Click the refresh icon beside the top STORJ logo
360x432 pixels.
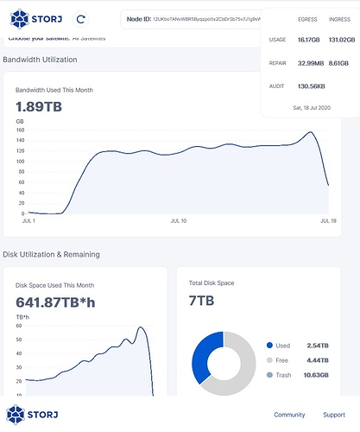click(80, 17)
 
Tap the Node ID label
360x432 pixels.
click(139, 17)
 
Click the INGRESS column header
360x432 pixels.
click(339, 17)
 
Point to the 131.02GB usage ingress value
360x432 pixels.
click(340, 40)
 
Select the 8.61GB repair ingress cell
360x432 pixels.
click(339, 63)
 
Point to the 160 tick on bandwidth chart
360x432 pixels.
click(22, 130)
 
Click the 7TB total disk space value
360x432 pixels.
click(201, 301)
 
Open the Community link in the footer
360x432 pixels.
click(289, 415)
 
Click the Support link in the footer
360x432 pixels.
click(334, 415)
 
